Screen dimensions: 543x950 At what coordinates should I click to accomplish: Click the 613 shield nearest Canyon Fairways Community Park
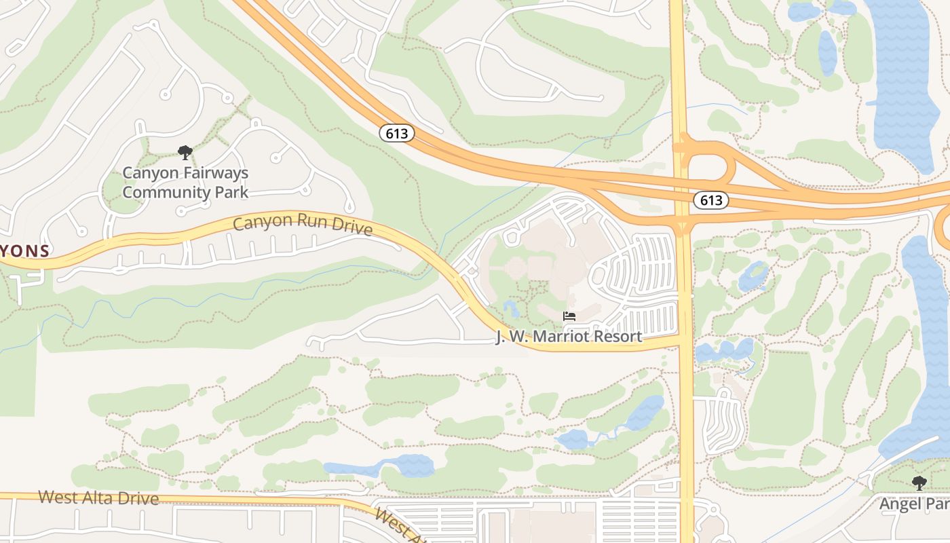point(397,133)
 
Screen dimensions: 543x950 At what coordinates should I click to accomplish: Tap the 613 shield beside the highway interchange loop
point(710,200)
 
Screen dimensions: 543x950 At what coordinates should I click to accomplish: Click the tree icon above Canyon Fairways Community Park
point(185,153)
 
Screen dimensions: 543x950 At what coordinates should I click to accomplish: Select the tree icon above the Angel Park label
point(919,483)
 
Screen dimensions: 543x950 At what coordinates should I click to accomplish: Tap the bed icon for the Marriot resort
point(569,316)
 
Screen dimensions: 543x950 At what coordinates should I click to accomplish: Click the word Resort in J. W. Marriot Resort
point(617,337)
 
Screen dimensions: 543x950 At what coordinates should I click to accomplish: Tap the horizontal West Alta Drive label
point(98,498)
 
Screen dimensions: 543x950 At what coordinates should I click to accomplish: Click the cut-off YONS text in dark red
point(25,250)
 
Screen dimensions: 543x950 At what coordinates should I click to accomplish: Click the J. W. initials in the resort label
point(508,337)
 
